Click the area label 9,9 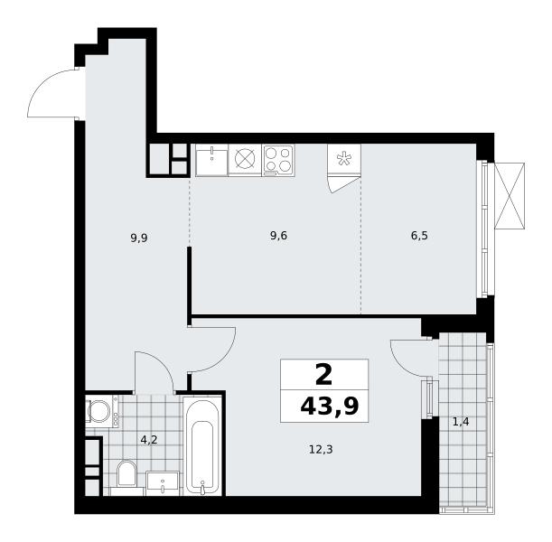[139, 238]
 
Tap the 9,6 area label [278, 236]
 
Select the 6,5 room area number [419, 236]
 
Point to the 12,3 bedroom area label [321, 450]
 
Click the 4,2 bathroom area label [148, 440]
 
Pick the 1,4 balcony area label [461, 422]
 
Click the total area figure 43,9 [330, 406]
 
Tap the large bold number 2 [323, 375]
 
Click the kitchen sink [211, 160]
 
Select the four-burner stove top [278, 161]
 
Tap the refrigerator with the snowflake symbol [343, 159]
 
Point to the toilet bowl [126, 473]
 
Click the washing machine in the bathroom [102, 411]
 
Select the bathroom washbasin [163, 483]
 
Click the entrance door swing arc [42, 83]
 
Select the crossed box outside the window [510, 196]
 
